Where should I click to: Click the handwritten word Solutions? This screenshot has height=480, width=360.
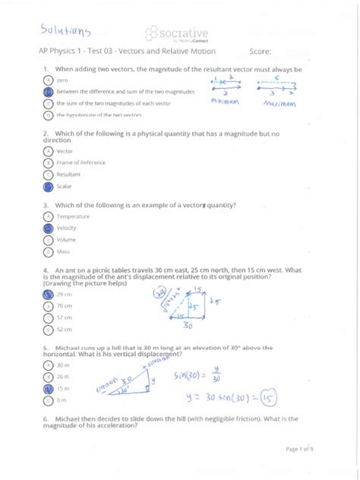pos(65,31)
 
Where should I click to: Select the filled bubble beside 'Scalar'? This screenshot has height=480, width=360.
pos(49,186)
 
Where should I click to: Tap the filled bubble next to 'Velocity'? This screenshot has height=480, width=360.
pos(49,228)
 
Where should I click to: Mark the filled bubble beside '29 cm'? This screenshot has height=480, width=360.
pos(49,294)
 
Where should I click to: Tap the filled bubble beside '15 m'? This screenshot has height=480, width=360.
pos(49,387)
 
